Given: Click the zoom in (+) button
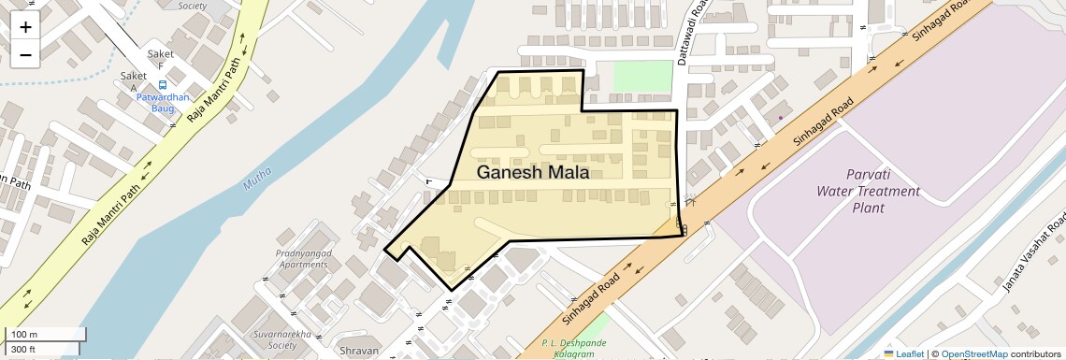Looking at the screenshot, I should click(x=25, y=26).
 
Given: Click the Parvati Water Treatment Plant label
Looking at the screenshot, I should click(x=869, y=191).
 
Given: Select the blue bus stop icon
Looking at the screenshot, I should click(x=163, y=85).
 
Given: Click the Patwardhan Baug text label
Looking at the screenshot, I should click(x=163, y=102).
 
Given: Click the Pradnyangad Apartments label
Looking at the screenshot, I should click(x=301, y=258).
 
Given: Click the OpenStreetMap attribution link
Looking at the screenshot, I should click(x=973, y=353).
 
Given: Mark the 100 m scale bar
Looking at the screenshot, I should click(x=47, y=334).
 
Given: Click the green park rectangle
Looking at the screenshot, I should click(x=642, y=77).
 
